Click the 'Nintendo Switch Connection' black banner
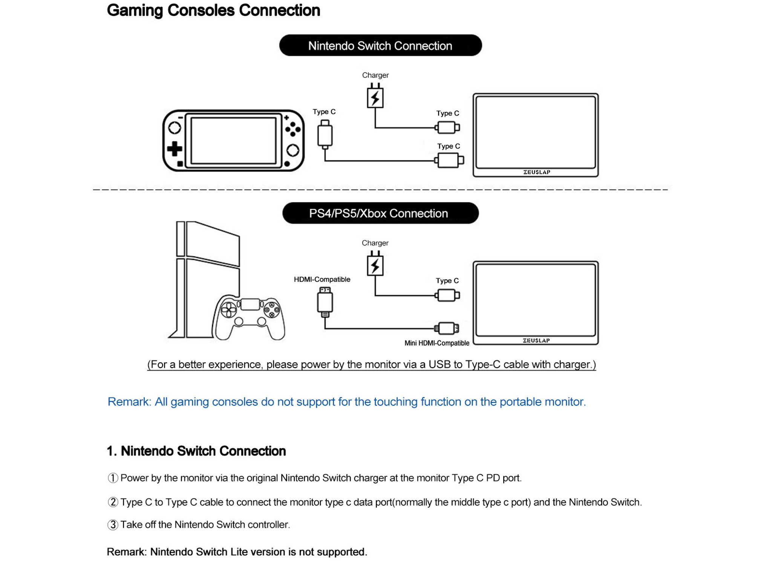click(x=380, y=45)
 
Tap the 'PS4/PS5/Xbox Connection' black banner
click(x=380, y=213)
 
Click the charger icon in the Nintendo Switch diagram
click(x=375, y=96)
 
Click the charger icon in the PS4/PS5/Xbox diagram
click(x=375, y=263)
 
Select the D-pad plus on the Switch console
click(x=175, y=149)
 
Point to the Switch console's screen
click(x=234, y=140)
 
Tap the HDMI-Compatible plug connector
click(x=325, y=302)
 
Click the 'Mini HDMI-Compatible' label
click(x=437, y=343)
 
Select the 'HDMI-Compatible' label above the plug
click(x=322, y=279)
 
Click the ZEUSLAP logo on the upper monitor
click(x=537, y=172)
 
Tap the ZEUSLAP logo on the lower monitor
click(x=536, y=340)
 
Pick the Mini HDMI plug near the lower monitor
click(x=447, y=328)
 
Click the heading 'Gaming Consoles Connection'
click(x=213, y=10)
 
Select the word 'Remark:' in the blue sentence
click(x=129, y=402)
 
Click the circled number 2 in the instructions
click(x=113, y=502)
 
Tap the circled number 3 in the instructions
click(x=113, y=525)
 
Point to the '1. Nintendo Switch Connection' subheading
click(x=196, y=451)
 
